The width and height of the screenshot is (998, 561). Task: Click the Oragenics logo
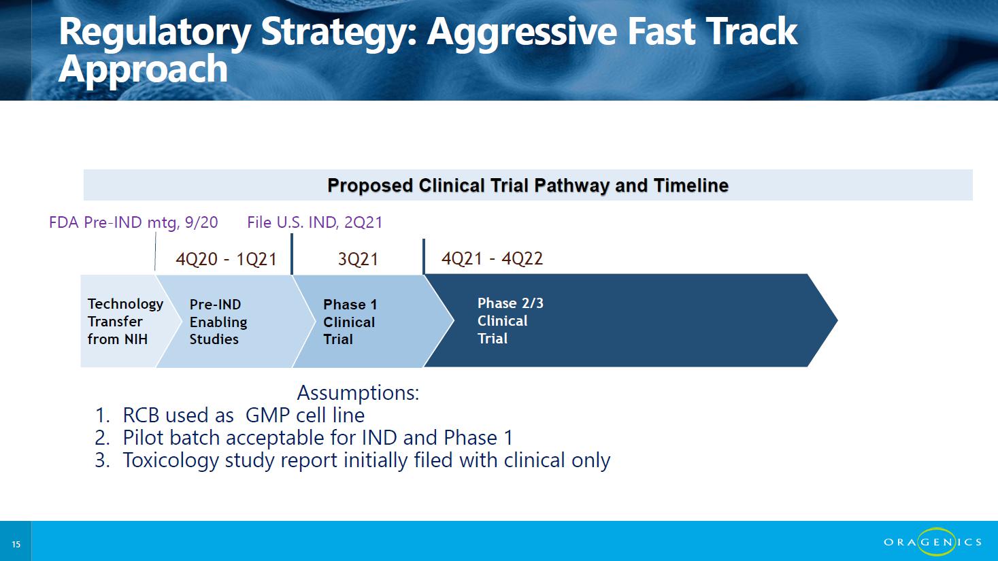click(933, 542)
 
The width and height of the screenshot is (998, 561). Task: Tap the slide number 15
click(16, 544)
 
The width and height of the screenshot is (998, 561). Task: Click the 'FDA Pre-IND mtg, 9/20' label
click(133, 222)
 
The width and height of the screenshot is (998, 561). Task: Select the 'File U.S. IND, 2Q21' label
click(314, 222)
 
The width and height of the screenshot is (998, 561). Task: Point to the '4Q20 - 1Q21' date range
click(227, 258)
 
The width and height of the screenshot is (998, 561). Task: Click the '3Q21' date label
click(358, 258)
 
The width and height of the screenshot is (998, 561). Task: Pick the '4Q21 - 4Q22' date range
click(493, 258)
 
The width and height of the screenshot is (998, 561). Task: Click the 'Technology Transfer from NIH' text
click(125, 321)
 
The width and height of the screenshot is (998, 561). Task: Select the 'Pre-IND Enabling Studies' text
click(218, 322)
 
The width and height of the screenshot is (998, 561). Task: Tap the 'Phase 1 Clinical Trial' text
click(350, 322)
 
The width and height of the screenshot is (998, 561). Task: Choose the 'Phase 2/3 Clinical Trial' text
click(511, 320)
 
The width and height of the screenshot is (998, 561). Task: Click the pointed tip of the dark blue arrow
click(837, 320)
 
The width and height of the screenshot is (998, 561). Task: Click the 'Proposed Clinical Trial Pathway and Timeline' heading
click(528, 185)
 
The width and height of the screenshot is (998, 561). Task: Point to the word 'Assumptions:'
click(359, 393)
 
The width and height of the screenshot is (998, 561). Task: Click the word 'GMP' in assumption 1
click(267, 415)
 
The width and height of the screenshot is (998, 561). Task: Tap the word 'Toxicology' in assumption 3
click(171, 460)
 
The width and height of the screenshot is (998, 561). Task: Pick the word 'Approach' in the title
click(143, 69)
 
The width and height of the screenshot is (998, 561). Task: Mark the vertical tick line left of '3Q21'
click(292, 254)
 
